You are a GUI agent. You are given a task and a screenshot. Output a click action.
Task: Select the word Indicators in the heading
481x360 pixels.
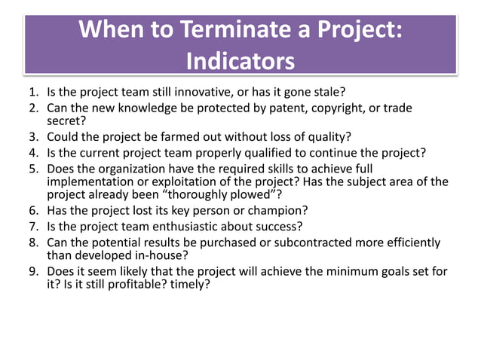pos(240,59)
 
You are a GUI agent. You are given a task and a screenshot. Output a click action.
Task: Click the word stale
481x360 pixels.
pos(327,93)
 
